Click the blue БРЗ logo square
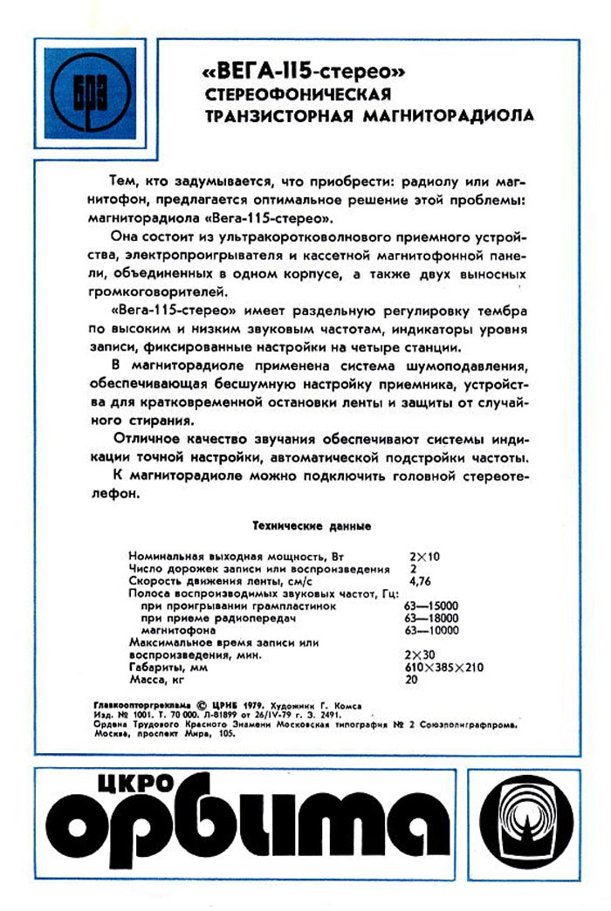coord(91,93)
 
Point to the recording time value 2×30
coord(422,654)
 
